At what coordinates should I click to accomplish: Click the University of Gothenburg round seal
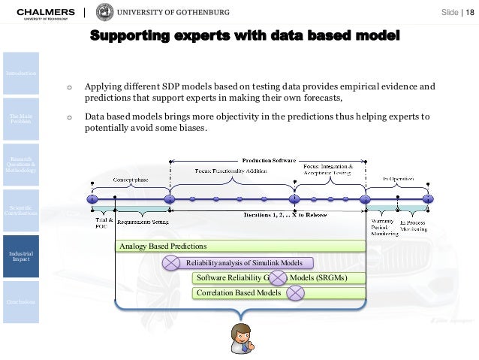(106, 13)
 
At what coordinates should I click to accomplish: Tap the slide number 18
(471, 14)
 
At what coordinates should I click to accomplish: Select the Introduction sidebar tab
(20, 73)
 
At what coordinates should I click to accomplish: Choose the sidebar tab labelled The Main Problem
(20, 119)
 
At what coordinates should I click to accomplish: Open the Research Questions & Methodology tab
(20, 164)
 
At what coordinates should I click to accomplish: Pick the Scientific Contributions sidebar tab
(20, 210)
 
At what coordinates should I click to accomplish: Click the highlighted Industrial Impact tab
(20, 256)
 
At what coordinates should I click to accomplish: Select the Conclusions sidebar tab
(20, 302)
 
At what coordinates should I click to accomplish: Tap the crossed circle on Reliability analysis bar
(172, 262)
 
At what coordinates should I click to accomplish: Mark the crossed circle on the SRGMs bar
(279, 278)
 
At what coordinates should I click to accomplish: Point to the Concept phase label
(131, 180)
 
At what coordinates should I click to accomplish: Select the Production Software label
(269, 159)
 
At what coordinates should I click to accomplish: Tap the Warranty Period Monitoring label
(384, 228)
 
